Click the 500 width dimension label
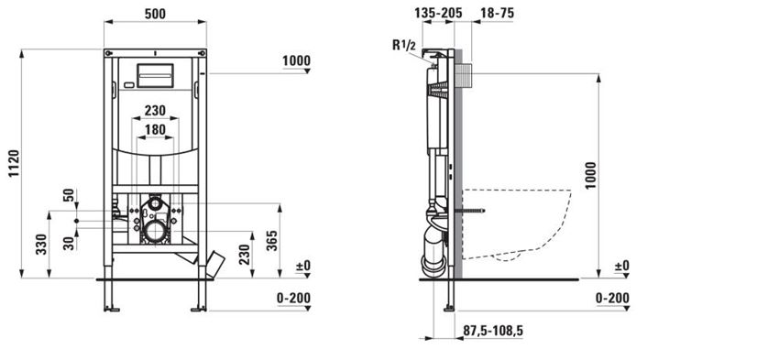tap(155, 14)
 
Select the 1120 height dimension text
tap(14, 163)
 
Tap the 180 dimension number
tap(155, 129)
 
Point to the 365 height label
tap(271, 240)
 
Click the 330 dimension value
tap(41, 244)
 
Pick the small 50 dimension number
tap(70, 194)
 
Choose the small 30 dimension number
tap(70, 243)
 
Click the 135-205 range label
tap(438, 14)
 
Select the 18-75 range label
tap(497, 14)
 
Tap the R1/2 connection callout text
tap(404, 45)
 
